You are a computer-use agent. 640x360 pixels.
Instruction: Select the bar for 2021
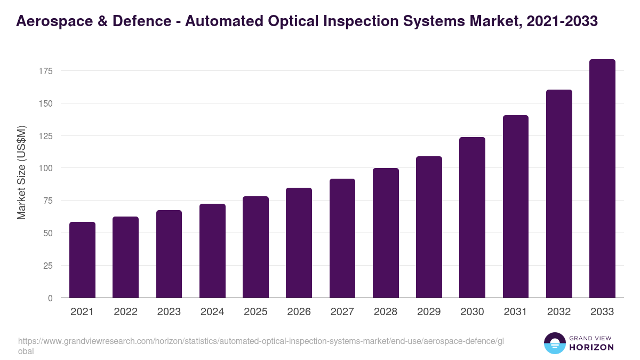click(82, 260)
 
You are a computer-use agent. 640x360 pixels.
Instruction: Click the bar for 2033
click(602, 179)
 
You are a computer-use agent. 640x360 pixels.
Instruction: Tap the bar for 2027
click(342, 238)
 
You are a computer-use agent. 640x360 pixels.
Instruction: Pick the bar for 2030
click(472, 218)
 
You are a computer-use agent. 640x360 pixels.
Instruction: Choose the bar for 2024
click(212, 251)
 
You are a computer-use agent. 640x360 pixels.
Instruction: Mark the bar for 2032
click(559, 194)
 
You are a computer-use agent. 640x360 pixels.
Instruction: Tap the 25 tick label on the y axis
click(48, 266)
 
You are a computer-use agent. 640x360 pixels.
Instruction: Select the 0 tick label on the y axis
click(50, 298)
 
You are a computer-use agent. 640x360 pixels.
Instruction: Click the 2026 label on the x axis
click(299, 312)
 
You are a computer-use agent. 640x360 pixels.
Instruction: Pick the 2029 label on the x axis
click(429, 312)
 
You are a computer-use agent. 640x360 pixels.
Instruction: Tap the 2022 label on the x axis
click(125, 312)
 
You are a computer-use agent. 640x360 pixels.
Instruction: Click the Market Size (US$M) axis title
click(21, 172)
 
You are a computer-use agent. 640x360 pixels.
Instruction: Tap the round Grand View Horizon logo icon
click(555, 343)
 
